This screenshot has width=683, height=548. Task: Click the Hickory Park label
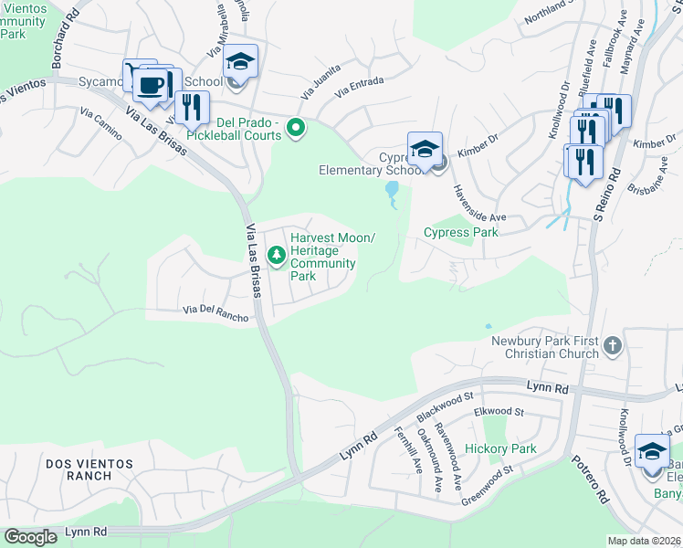pyautogui.click(x=500, y=448)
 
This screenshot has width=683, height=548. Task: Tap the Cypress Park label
pyautogui.click(x=461, y=232)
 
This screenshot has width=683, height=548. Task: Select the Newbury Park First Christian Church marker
pyautogui.click(x=613, y=346)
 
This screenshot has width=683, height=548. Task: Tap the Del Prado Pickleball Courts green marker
pyautogui.click(x=295, y=128)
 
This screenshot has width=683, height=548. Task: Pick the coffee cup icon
pyautogui.click(x=149, y=86)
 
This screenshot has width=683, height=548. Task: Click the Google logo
pyautogui.click(x=30, y=537)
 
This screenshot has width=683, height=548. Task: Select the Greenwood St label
pyautogui.click(x=488, y=480)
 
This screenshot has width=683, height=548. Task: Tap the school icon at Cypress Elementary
pyautogui.click(x=425, y=148)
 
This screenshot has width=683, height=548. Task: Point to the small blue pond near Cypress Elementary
pyautogui.click(x=393, y=190)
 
